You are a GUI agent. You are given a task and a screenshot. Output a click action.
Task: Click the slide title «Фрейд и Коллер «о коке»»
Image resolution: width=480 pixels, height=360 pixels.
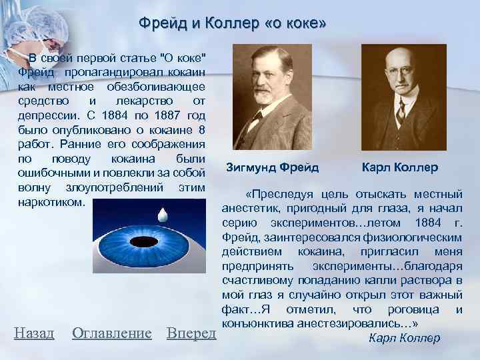click(233, 23)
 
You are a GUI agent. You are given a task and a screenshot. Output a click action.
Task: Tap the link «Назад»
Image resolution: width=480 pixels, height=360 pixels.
click(34, 332)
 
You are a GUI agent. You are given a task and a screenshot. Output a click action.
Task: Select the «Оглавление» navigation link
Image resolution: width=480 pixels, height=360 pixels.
click(111, 332)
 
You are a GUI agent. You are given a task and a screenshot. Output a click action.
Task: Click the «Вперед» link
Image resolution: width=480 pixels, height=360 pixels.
click(191, 332)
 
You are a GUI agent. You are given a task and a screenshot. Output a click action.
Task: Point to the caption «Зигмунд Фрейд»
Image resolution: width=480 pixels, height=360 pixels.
click(273, 166)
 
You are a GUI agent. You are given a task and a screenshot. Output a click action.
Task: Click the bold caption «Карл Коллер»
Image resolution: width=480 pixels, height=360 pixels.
click(399, 166)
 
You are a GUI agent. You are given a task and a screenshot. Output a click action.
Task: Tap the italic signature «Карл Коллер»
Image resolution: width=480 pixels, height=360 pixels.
click(404, 337)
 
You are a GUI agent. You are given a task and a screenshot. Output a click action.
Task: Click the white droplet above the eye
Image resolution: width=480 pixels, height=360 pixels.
click(161, 216)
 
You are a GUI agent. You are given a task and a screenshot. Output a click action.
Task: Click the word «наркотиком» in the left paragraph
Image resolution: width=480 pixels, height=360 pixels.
click(52, 201)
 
